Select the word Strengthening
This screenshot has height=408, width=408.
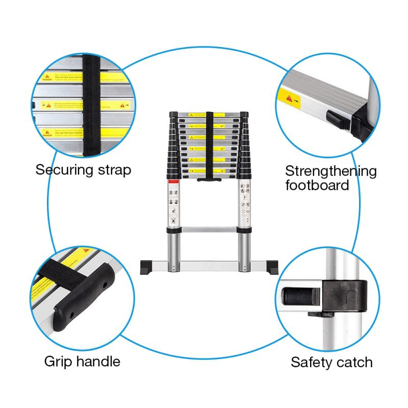[x=330, y=171]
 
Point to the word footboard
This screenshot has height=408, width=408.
[x=317, y=185]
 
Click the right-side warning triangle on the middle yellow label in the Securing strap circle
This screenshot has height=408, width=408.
[x=122, y=106]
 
